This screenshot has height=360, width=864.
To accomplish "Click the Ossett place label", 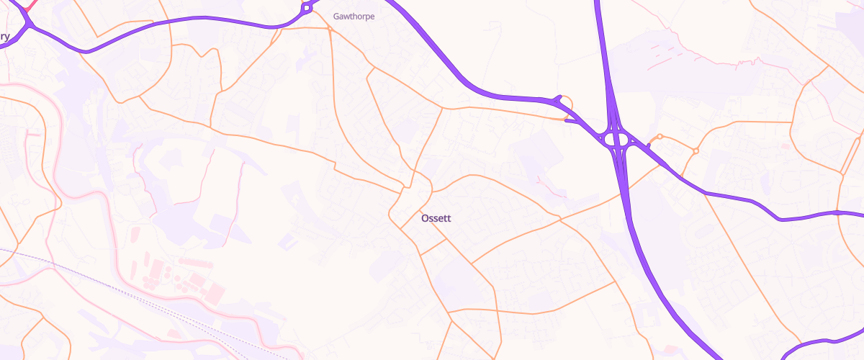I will pos(435,217).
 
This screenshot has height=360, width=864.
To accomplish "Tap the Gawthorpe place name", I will pos(354,16).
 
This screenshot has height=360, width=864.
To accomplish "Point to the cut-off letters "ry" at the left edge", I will pos(4,36).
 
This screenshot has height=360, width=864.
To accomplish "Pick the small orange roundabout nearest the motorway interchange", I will pos(660,136).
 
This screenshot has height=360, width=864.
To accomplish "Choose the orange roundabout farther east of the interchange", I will pos(696,150).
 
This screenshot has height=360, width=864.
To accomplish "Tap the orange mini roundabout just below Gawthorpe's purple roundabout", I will pos(329,30).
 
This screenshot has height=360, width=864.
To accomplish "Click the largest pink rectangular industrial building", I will pos(214,292).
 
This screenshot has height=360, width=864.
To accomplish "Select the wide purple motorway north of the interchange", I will pos(603,50).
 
